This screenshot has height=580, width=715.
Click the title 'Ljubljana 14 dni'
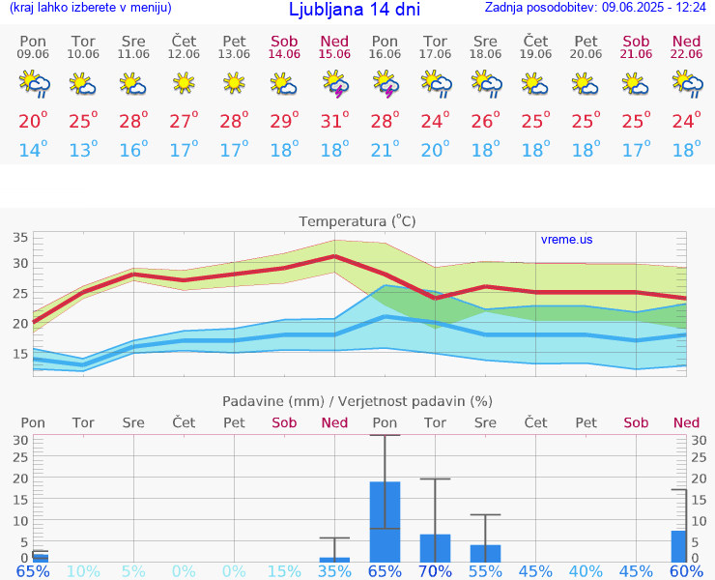pos(355,10)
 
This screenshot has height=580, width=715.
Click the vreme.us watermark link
pos(566,239)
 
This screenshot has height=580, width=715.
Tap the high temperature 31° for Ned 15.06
pos(334,121)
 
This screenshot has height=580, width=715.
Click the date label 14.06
pos(284,54)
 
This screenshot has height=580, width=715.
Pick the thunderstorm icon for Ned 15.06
pos(334,85)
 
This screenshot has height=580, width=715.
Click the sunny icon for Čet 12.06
pos(184,85)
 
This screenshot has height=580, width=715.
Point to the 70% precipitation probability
pos(435,571)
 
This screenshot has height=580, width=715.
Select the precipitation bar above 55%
pos(485,553)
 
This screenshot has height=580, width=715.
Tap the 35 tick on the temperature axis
pos(20,238)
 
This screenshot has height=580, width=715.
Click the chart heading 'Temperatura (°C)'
pos(357,221)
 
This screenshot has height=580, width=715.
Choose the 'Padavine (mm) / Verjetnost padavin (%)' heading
pos(357,401)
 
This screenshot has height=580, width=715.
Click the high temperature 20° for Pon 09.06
pos(33,121)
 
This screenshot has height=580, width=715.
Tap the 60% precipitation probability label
pos(686,571)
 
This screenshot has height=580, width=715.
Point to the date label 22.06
pos(686,54)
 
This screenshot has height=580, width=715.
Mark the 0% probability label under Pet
pos(234,571)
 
